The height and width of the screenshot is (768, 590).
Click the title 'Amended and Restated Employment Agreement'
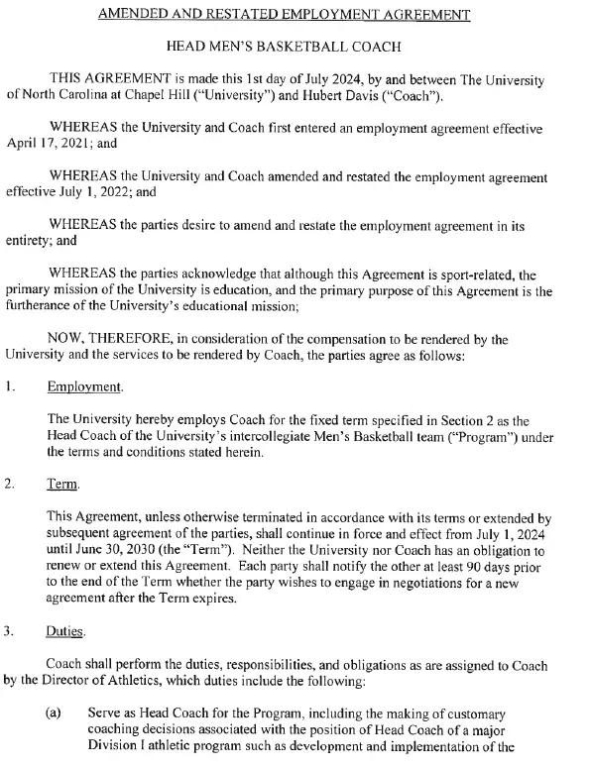pyautogui.click(x=295, y=14)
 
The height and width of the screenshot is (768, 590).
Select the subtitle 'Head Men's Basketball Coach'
pyautogui.click(x=295, y=47)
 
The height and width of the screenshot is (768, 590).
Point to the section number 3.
pyautogui.click(x=11, y=630)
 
